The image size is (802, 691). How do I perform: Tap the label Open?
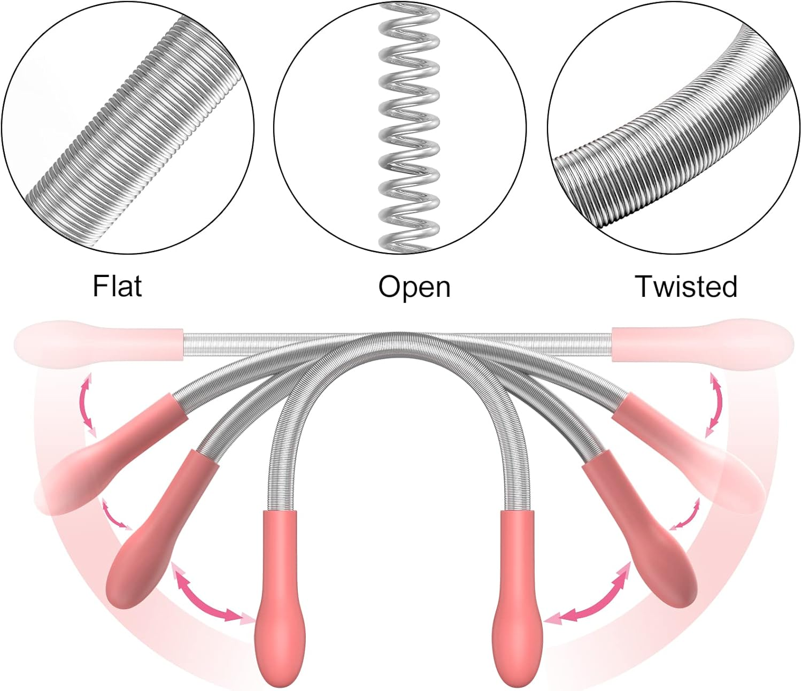[x=414, y=287]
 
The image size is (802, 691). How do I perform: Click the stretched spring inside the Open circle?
[x=408, y=128]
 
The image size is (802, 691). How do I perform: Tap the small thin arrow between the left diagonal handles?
[x=116, y=515]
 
